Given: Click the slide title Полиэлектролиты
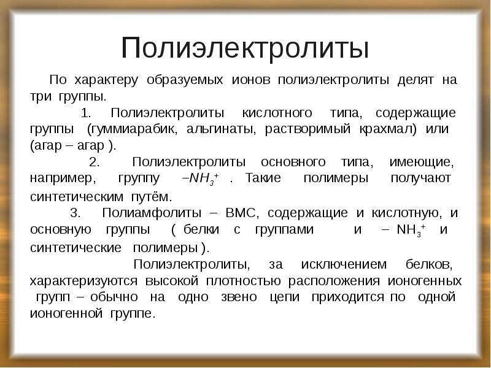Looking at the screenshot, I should click(x=245, y=48).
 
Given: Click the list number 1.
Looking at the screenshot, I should click(x=85, y=114).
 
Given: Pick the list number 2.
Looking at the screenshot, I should click(x=94, y=163).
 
